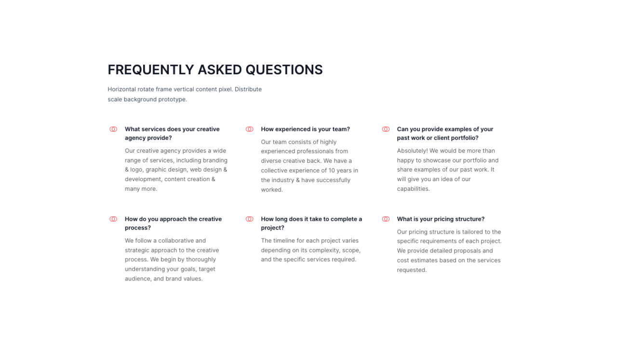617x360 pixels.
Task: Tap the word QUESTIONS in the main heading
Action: pyautogui.click(x=284, y=70)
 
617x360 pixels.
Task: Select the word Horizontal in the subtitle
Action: pyautogui.click(x=121, y=89)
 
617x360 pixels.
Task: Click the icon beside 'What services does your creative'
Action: pyautogui.click(x=113, y=129)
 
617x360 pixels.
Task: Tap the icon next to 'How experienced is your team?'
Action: pyautogui.click(x=250, y=129)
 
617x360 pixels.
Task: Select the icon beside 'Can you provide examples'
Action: pyautogui.click(x=386, y=129)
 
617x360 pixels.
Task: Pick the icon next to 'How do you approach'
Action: pyautogui.click(x=113, y=219)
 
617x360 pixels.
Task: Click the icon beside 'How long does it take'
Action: pyautogui.click(x=250, y=219)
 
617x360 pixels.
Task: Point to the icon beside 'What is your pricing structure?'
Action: pyautogui.click(x=386, y=219)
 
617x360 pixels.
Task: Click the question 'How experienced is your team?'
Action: pyautogui.click(x=305, y=129)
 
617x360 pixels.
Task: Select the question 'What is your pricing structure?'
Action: pyautogui.click(x=441, y=219)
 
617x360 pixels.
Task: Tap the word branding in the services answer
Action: pyautogui.click(x=215, y=160)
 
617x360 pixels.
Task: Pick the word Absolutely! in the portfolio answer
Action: pyautogui.click(x=412, y=151)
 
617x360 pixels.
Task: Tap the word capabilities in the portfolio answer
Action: pyautogui.click(x=413, y=189)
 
